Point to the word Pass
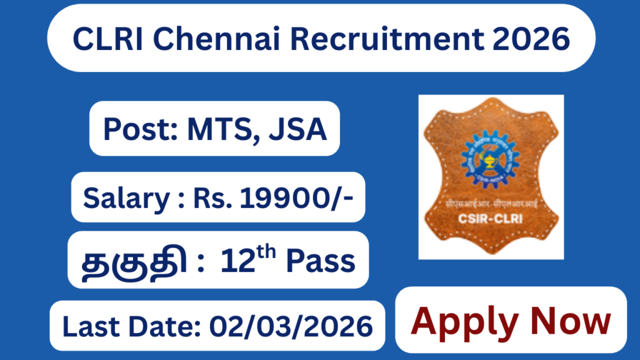coord(321,261)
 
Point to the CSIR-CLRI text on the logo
coord(491,219)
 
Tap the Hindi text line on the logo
coord(491,204)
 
